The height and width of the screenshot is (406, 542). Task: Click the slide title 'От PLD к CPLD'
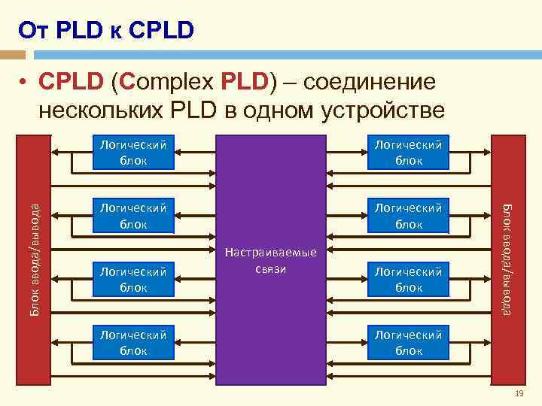coord(106,30)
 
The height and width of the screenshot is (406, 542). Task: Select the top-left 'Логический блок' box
coord(132,151)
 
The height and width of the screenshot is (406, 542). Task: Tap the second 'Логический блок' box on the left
coord(132,215)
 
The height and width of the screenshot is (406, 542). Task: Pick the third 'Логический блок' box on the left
coord(132,278)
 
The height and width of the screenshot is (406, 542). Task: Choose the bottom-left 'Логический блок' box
coord(132,342)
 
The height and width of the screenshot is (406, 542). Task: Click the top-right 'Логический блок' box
coord(409,151)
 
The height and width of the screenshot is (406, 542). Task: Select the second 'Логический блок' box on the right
coord(409,215)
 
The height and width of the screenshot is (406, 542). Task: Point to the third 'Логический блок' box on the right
coord(409,278)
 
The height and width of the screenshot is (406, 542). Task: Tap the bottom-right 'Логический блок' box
coord(409,342)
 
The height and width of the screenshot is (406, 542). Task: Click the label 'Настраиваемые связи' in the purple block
coord(270,261)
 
